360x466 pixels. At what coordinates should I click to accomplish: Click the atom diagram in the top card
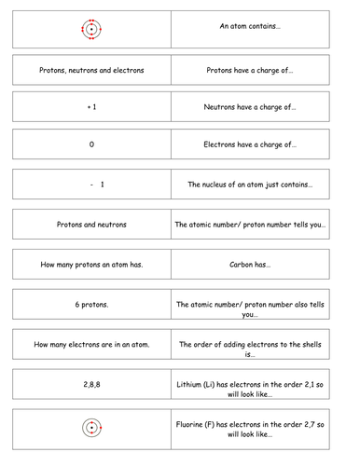tap(91, 29)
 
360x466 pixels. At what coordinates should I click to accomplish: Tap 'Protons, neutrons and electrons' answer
tap(91, 68)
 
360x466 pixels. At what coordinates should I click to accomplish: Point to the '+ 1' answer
tap(91, 107)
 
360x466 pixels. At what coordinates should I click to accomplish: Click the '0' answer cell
tap(91, 145)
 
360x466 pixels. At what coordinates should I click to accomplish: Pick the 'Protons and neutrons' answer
tap(91, 225)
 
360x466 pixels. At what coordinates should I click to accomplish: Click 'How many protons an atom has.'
tap(91, 264)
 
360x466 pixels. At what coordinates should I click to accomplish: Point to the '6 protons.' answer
tap(91, 304)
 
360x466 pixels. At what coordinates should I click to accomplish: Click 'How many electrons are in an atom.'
tap(91, 345)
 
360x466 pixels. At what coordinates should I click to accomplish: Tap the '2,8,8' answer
tap(91, 385)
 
